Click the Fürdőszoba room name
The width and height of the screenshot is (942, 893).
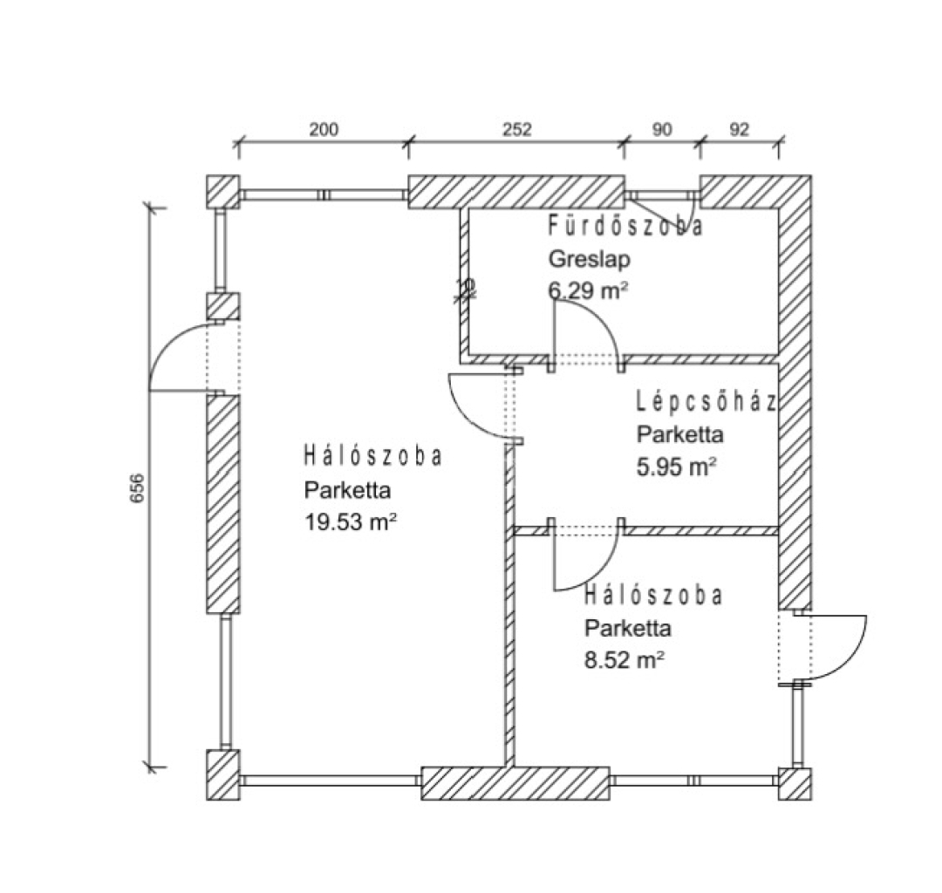(625, 228)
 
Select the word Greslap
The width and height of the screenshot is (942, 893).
(589, 259)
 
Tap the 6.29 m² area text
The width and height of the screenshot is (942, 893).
(589, 291)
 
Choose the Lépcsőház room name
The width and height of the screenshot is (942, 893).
(706, 402)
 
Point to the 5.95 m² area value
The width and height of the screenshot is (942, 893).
(677, 467)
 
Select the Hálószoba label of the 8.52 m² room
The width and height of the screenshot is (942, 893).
(653, 596)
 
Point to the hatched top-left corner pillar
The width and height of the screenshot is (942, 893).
(223, 192)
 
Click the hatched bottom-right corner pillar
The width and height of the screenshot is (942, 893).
(795, 784)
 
